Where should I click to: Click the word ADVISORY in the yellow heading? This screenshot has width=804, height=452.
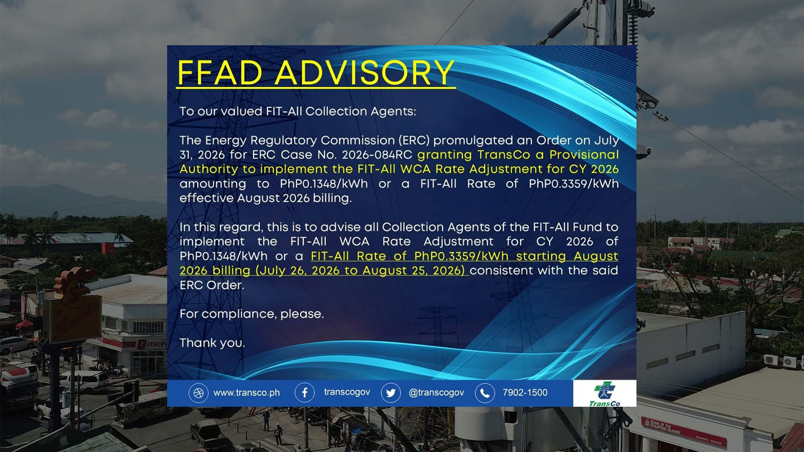364,72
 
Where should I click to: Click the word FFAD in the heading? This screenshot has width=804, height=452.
220,72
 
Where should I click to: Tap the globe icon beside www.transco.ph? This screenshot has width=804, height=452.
198,393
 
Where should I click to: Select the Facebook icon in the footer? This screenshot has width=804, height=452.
304,393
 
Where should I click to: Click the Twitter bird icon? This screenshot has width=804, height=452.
391,393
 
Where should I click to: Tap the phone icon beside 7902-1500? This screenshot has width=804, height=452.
485,393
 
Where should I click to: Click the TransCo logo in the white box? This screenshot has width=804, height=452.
605,394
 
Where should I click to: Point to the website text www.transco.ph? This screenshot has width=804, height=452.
247,393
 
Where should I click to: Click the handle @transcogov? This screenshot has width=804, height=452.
436,393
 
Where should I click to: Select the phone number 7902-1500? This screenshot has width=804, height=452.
525,393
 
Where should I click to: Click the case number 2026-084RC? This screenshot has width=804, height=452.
377,155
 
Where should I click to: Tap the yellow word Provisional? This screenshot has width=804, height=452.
584,155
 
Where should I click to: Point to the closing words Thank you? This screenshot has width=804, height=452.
212,343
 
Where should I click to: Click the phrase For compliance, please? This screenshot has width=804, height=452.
252,314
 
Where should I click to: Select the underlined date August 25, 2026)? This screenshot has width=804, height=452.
414,271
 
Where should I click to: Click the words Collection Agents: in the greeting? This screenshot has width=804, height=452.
361,111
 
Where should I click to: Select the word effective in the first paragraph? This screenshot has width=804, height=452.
206,198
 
